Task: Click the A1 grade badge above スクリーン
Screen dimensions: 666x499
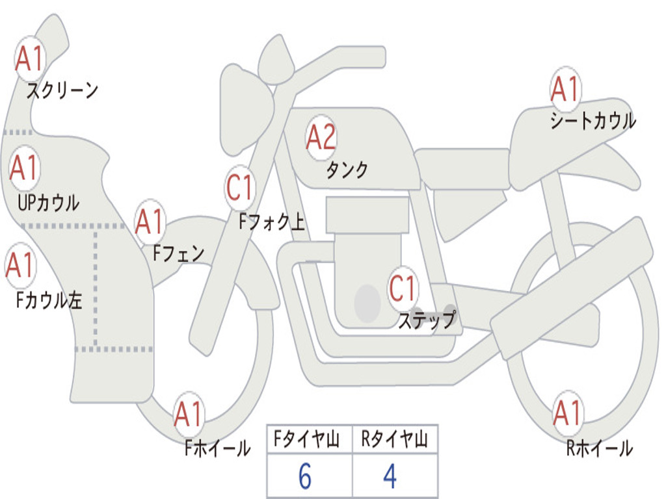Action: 30,58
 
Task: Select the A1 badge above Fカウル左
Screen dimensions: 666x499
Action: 20,266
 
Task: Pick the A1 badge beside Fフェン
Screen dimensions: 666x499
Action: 150,222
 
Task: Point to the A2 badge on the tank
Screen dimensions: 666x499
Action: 321,138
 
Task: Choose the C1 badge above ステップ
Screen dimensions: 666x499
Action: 403,288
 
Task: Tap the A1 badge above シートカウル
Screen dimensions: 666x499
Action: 565,89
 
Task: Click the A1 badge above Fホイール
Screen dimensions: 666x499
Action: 189,414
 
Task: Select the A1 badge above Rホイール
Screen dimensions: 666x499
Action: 568,413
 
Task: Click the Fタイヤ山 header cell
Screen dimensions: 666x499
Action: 310,439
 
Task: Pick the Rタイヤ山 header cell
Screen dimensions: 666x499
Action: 395,439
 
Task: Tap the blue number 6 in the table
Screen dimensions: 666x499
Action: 305,476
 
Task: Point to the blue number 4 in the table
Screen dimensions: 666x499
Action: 390,476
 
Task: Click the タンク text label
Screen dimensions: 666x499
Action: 347,170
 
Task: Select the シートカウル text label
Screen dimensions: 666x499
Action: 593,120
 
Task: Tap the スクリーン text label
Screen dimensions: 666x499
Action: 62,90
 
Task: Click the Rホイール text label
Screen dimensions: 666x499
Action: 599,448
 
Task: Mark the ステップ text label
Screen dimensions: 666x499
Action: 427,320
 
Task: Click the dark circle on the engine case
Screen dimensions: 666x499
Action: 367,303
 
